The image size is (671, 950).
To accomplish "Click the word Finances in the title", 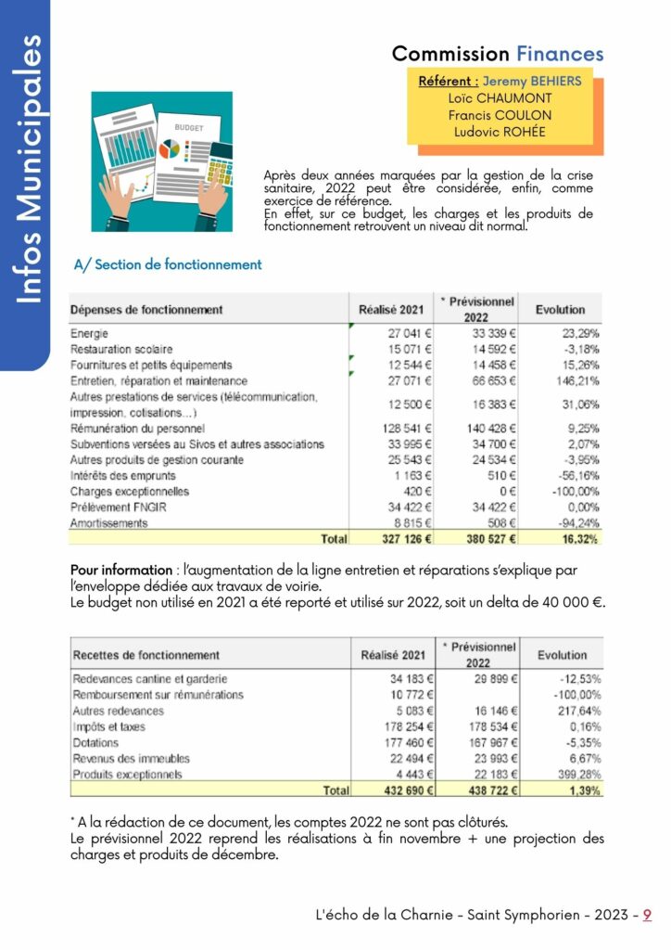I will (560, 54).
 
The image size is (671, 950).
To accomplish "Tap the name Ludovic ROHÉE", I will (500, 132).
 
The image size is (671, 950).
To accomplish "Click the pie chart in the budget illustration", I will (169, 148).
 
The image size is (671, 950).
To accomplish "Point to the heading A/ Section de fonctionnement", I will (168, 264).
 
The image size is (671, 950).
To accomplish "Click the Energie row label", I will (90, 333).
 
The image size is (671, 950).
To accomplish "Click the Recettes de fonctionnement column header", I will (146, 655).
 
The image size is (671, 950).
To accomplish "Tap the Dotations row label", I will (95, 742).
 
